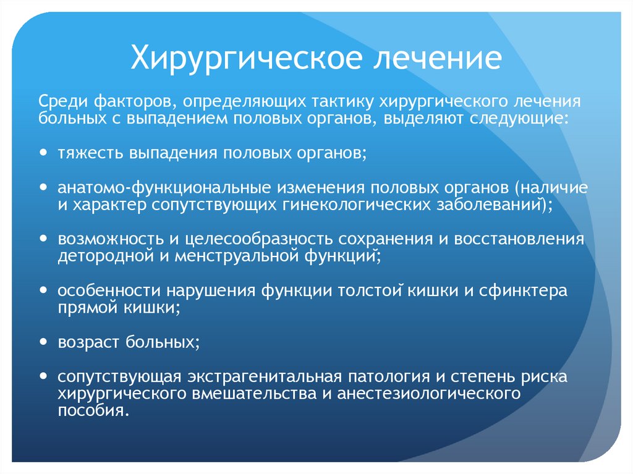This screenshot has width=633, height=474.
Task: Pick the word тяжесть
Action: (x=90, y=153)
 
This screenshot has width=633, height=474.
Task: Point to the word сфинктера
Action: (x=528, y=290)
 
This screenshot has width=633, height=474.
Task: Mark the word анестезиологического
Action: (x=427, y=393)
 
